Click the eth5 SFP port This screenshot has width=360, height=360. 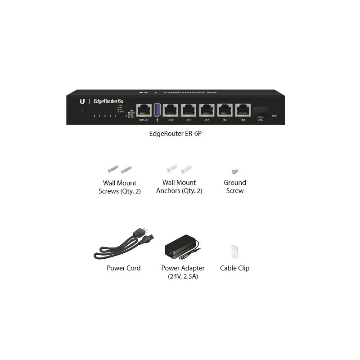(261, 112)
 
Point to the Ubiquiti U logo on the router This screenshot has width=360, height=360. (82, 101)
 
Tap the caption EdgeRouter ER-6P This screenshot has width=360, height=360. (180, 133)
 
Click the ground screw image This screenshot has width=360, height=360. (234, 171)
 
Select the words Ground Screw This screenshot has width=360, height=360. (234, 187)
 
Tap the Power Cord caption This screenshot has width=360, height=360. (123, 268)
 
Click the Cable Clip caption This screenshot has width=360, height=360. (234, 268)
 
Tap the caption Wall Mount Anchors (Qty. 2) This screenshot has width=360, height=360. (179, 187)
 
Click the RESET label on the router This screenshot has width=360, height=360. (274, 116)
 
